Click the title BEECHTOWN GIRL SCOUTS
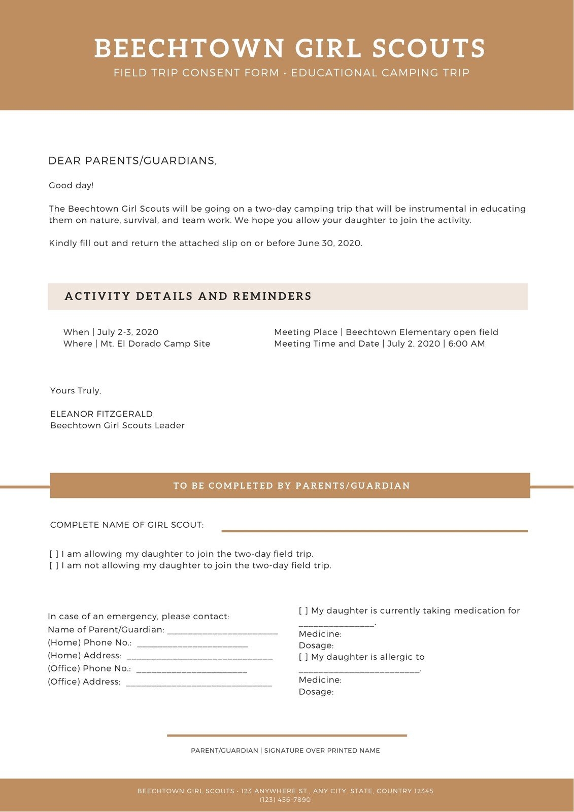[289, 49]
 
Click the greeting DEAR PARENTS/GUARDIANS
[132, 161]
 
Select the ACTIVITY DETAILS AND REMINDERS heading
[188, 296]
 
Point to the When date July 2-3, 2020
[128, 332]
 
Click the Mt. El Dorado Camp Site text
[155, 344]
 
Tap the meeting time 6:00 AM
[466, 344]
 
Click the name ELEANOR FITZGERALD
[102, 414]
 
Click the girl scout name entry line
[375, 530]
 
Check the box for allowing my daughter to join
[54, 554]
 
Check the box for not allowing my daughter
[54, 566]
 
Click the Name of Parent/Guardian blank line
[222, 633]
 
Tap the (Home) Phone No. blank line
[192, 646]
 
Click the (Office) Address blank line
[198, 685]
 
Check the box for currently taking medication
[303, 611]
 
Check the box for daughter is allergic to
[303, 657]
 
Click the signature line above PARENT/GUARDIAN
[287, 735]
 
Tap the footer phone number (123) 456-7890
[285, 800]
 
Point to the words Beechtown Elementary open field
[422, 332]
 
